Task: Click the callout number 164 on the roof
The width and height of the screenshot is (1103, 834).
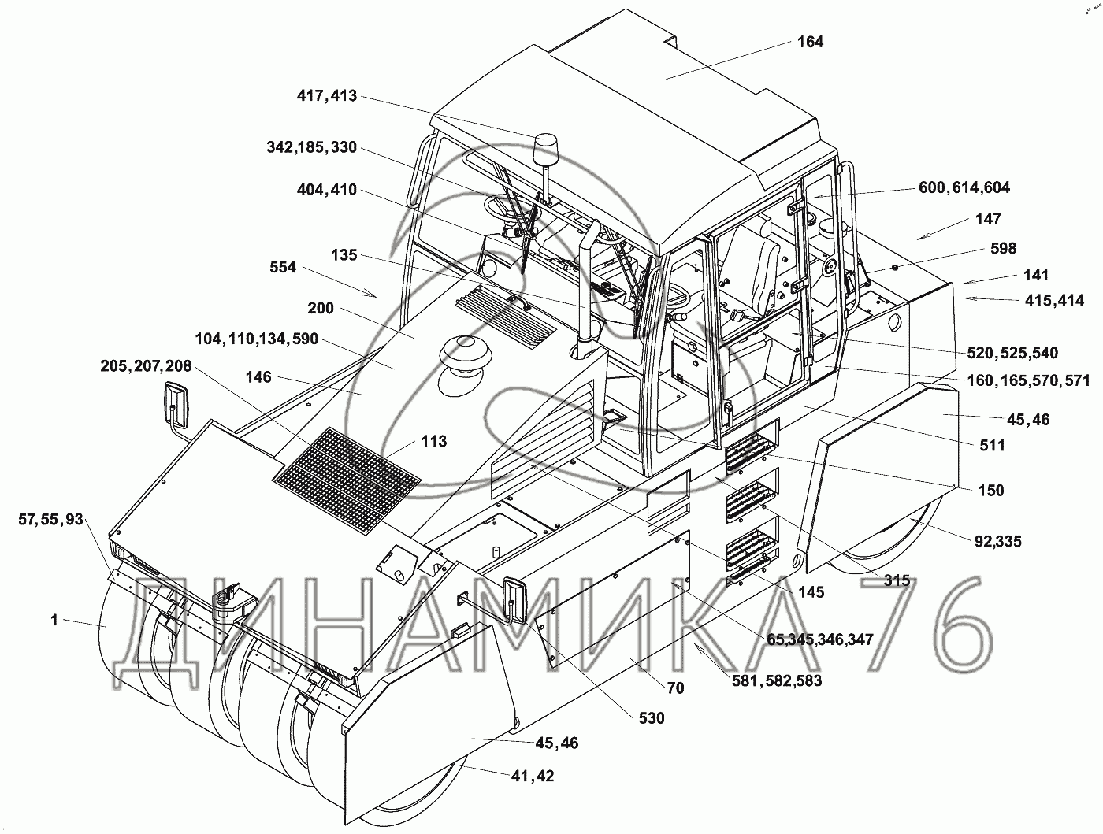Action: click(x=810, y=42)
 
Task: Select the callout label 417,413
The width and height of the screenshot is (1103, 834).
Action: click(x=327, y=96)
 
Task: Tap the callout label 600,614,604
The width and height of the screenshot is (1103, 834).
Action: click(x=964, y=187)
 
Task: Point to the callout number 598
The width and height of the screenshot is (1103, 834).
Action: click(x=1004, y=248)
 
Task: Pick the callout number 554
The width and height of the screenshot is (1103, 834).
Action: click(x=283, y=268)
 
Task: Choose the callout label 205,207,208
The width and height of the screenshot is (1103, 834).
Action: click(x=146, y=366)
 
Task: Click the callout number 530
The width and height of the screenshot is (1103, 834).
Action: click(x=652, y=717)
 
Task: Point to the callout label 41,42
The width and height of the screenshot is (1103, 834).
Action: click(x=533, y=776)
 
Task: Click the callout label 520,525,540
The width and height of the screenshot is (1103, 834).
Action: click(x=1012, y=353)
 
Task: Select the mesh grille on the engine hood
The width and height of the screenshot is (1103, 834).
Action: click(x=347, y=473)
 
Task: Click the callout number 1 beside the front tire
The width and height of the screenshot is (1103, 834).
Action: click(x=54, y=620)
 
